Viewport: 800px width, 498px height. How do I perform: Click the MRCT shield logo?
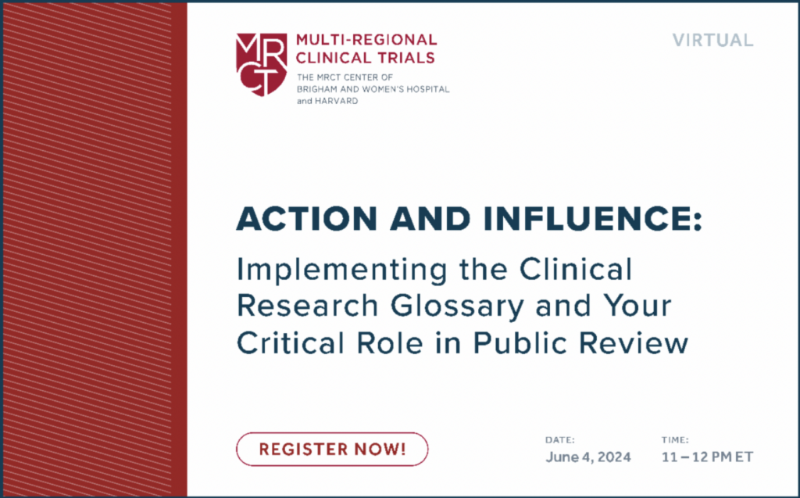tap(261, 65)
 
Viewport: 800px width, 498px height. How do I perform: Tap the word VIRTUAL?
tap(712, 41)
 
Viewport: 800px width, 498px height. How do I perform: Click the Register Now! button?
tap(332, 449)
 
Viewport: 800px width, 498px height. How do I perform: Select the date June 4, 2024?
tap(588, 457)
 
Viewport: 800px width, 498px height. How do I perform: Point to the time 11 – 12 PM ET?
tap(707, 457)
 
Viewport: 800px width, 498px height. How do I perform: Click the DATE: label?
tap(559, 440)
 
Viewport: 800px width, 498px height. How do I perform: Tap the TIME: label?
tap(675, 440)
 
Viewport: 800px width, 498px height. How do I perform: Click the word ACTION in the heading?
tap(306, 219)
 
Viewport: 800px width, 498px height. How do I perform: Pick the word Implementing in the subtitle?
tap(342, 270)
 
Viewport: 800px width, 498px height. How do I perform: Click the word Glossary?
tap(457, 306)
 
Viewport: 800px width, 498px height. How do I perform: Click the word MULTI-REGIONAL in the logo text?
tap(366, 40)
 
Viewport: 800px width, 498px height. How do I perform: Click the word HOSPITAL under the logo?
tap(427, 89)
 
